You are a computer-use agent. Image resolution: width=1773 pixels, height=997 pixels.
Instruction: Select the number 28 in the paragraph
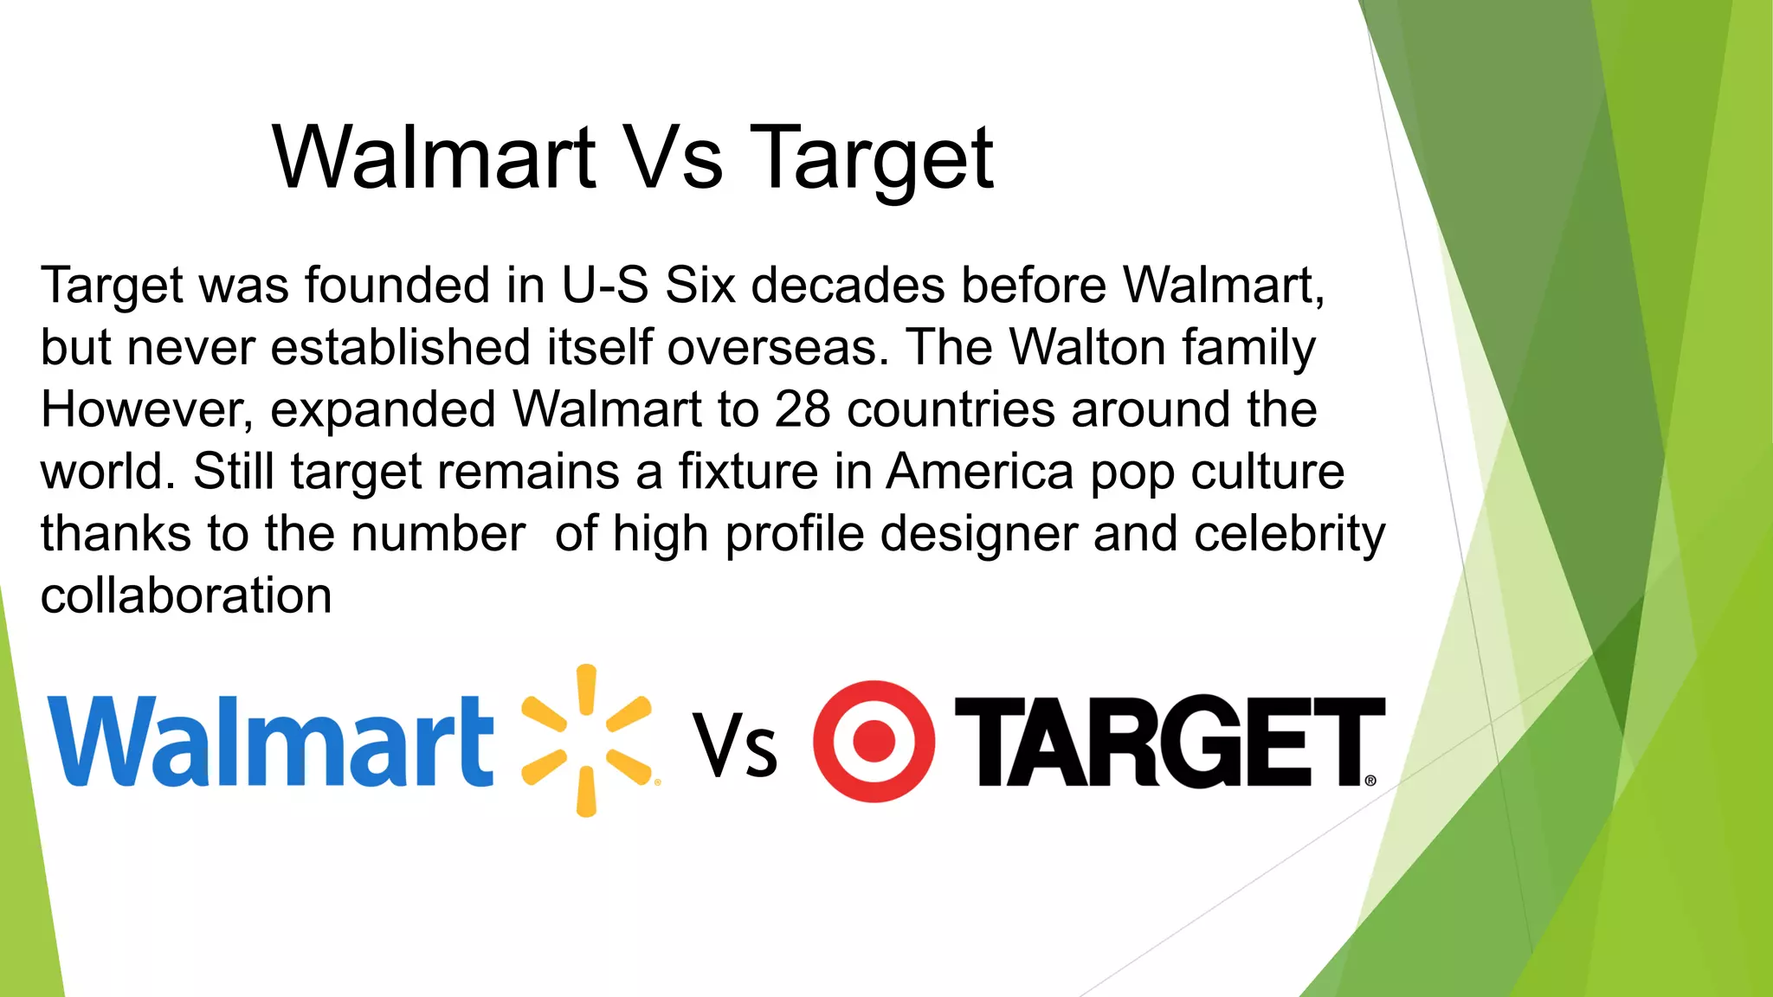[803, 409]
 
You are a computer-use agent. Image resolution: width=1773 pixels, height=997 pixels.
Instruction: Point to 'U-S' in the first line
[604, 286]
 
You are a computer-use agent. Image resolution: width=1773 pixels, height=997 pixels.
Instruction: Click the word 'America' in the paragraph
[979, 472]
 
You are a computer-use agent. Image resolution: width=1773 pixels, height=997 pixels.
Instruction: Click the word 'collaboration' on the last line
[186, 596]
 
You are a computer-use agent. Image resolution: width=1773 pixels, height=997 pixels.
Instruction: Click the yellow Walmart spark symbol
[587, 741]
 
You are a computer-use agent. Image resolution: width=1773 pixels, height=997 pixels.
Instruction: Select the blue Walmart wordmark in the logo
[271, 743]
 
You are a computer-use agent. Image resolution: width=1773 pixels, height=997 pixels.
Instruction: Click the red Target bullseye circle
[874, 742]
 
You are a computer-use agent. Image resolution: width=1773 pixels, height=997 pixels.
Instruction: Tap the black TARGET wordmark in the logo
[1169, 742]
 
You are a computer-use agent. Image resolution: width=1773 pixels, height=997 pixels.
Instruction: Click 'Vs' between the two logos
[736, 746]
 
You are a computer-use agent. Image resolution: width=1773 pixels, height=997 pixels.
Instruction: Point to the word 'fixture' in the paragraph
[748, 472]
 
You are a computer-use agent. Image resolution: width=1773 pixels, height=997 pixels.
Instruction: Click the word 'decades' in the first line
[848, 286]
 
